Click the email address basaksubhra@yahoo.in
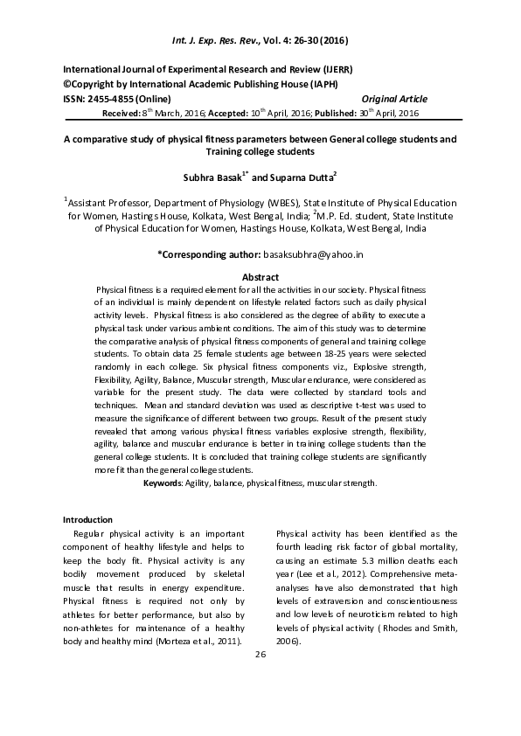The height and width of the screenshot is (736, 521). (313, 253)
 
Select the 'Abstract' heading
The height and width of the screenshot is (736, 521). (260, 277)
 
